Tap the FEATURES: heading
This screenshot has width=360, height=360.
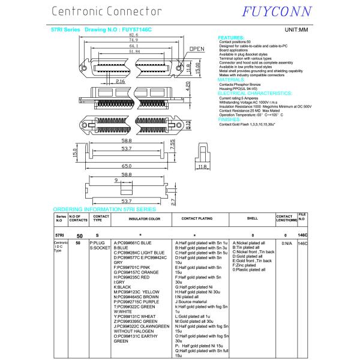coord(231,37)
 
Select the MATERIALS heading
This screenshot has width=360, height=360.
coord(231,79)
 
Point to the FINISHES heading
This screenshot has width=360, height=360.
coord(229,119)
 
